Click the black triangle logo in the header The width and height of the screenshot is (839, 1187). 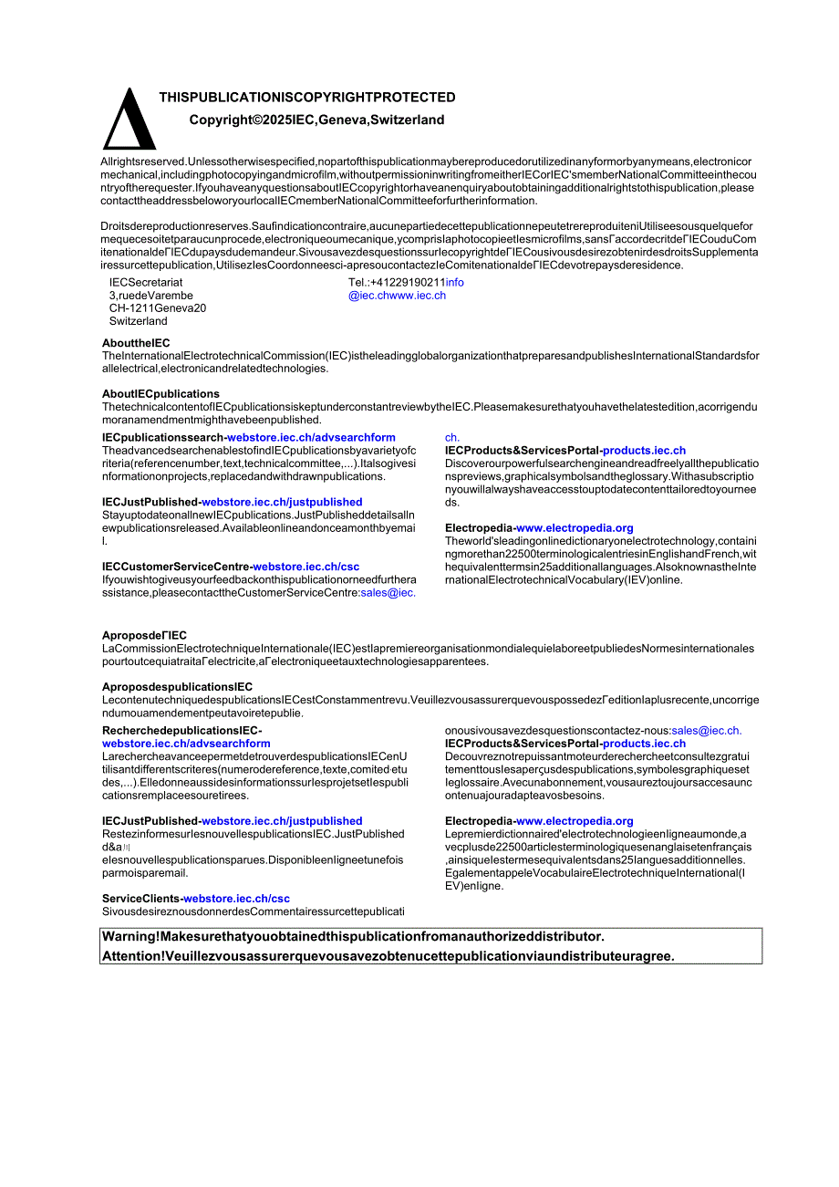pos(129,120)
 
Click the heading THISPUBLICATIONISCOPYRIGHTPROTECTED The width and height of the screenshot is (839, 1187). pos(307,98)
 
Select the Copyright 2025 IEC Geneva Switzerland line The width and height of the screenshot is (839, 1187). pos(316,120)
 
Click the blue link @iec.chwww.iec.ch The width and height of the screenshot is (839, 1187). pos(397,296)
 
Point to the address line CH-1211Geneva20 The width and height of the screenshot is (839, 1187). pos(158,308)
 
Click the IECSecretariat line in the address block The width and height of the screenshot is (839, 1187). pos(146,283)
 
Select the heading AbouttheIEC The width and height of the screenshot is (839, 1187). pos(136,343)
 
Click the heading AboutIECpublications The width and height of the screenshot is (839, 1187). pos(161,394)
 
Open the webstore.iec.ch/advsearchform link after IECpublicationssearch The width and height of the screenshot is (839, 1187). pos(311,438)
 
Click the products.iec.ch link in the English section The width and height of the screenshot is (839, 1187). pos(644,451)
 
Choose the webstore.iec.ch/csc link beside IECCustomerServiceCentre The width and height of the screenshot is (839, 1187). pos(306,567)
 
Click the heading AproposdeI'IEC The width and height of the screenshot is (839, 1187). pos(144,636)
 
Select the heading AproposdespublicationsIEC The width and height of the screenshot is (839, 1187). pos(177,687)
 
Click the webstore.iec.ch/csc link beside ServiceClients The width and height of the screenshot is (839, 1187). pos(237,899)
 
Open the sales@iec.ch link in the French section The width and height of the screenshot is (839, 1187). pos(706,731)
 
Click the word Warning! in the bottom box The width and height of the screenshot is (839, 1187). pos(131,937)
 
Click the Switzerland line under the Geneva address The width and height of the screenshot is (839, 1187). pos(139,321)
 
